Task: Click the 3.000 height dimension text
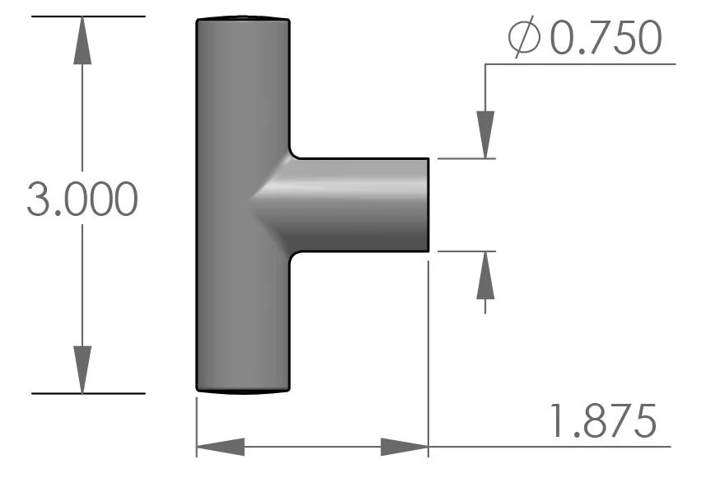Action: click(x=82, y=200)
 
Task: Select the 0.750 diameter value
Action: click(x=606, y=39)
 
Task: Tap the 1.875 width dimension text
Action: click(x=603, y=422)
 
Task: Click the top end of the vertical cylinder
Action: click(x=243, y=18)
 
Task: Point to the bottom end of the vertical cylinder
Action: click(x=243, y=390)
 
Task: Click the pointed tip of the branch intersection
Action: click(x=249, y=202)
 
